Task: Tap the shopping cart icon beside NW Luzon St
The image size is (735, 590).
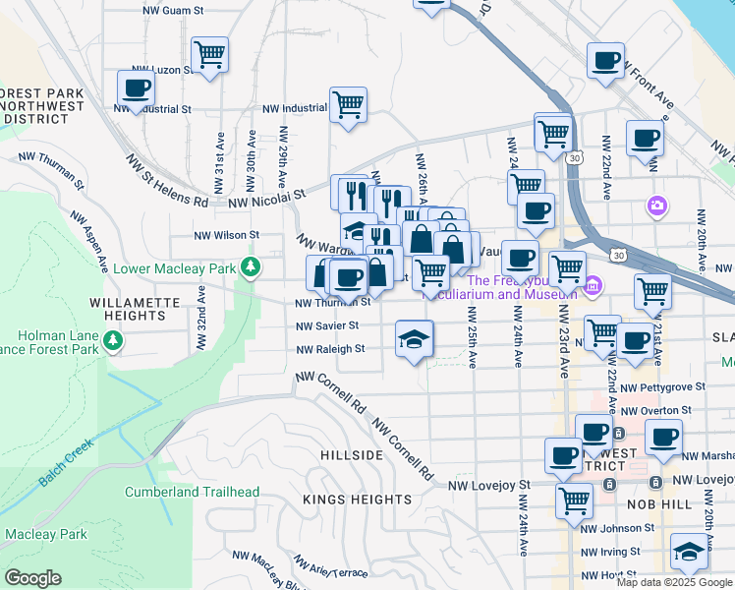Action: coord(209,55)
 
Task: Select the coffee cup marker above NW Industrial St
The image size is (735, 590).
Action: coord(136,88)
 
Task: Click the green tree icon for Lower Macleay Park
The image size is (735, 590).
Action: coord(253,266)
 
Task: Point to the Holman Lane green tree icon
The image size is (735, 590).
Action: coord(115,340)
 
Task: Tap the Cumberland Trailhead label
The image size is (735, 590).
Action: coord(192,492)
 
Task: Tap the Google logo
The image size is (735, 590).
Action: coord(32,578)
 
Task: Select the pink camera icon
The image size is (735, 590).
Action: coord(656,206)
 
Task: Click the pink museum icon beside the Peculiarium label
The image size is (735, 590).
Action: coord(592,287)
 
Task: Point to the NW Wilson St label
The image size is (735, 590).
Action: coord(225,235)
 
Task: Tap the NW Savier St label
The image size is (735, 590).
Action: coord(328,325)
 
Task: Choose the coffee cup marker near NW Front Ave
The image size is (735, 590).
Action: coord(605,60)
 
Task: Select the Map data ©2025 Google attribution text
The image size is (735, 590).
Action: coord(673,582)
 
